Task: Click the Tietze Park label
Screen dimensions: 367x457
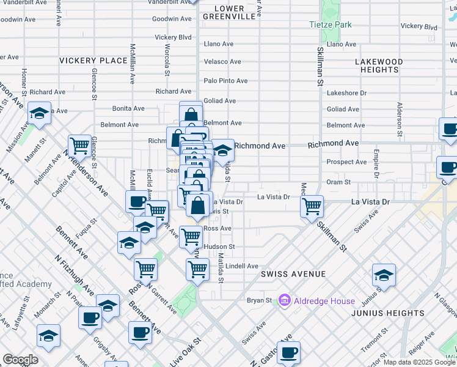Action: (x=330, y=25)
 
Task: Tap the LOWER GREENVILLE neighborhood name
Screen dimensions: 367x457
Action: (x=230, y=13)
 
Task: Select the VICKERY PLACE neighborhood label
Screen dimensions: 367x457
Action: (x=93, y=61)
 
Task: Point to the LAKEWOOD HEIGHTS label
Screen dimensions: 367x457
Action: (x=379, y=66)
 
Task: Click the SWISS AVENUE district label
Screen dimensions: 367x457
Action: (x=293, y=274)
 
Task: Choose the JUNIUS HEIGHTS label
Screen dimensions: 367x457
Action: (x=387, y=313)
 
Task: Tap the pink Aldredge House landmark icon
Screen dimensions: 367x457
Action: (x=283, y=300)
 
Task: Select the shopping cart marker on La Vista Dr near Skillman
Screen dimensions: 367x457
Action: (x=312, y=206)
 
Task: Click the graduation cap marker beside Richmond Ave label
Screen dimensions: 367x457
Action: (x=223, y=149)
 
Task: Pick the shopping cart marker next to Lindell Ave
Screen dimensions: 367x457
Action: (x=197, y=268)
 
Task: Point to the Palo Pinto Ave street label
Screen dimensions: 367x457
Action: (x=225, y=81)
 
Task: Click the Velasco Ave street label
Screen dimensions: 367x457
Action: (x=222, y=62)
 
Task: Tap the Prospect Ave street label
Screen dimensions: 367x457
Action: (x=346, y=162)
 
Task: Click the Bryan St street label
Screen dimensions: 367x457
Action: (x=259, y=301)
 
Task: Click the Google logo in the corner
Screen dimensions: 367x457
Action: (x=20, y=360)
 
